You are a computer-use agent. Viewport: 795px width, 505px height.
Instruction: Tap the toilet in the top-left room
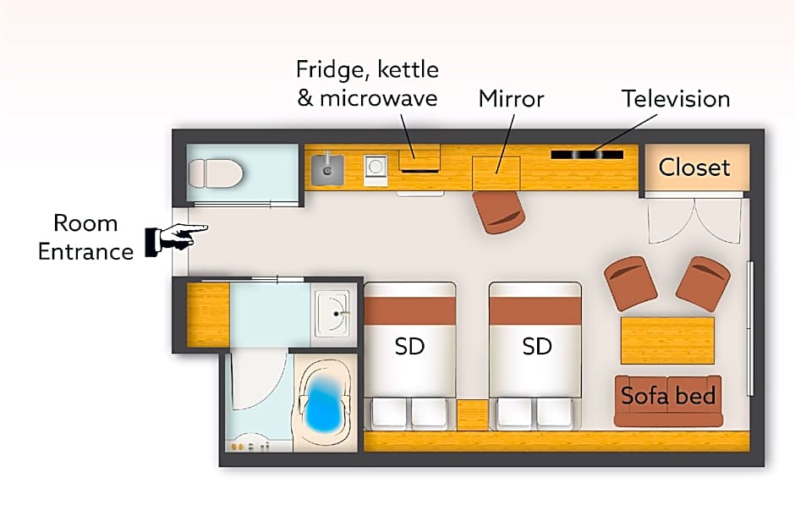[215, 174]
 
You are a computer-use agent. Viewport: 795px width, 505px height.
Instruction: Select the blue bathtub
[326, 404]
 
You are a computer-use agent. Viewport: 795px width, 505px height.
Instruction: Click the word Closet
[694, 167]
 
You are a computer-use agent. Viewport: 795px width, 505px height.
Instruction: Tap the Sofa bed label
[668, 395]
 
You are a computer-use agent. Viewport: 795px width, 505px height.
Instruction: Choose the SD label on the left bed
[409, 346]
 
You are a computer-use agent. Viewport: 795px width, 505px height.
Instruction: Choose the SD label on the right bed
[536, 346]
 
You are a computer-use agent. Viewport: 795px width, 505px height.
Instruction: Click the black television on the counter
[587, 155]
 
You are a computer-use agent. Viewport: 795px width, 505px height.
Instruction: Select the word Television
[676, 98]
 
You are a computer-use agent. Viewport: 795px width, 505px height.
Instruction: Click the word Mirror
[511, 98]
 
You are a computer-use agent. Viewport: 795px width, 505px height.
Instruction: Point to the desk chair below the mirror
[499, 211]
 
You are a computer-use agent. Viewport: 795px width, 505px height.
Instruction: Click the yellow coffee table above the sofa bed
[667, 340]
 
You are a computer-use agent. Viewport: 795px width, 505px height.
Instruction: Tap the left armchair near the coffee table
[631, 283]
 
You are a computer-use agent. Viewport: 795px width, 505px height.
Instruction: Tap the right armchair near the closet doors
[703, 283]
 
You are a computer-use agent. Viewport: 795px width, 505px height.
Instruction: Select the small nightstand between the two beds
[472, 414]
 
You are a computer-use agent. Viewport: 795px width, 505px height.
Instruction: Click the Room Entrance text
[85, 237]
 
